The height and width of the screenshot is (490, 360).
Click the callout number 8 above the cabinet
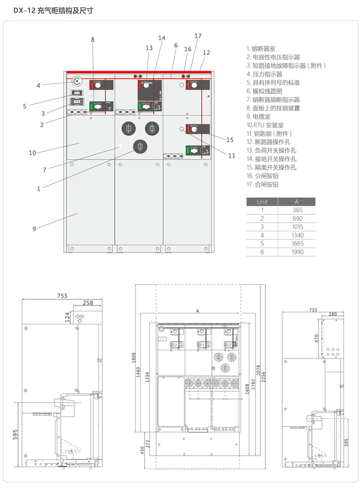coord(93,40)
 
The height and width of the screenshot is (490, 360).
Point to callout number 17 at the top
coord(198,36)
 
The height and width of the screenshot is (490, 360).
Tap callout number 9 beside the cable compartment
coord(34,229)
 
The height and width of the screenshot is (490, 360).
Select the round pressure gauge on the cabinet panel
coord(77,81)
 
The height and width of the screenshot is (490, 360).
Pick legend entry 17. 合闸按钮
coord(262,184)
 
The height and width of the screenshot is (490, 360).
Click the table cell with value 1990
coord(297,252)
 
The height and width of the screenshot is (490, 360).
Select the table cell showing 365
coord(297,210)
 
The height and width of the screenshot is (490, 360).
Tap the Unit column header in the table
coord(262,202)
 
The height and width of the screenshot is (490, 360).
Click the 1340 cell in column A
coord(297,235)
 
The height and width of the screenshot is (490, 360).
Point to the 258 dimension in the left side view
coord(87,303)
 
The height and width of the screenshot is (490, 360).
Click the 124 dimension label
coord(67,318)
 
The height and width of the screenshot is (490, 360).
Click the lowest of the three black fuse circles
coord(140,146)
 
